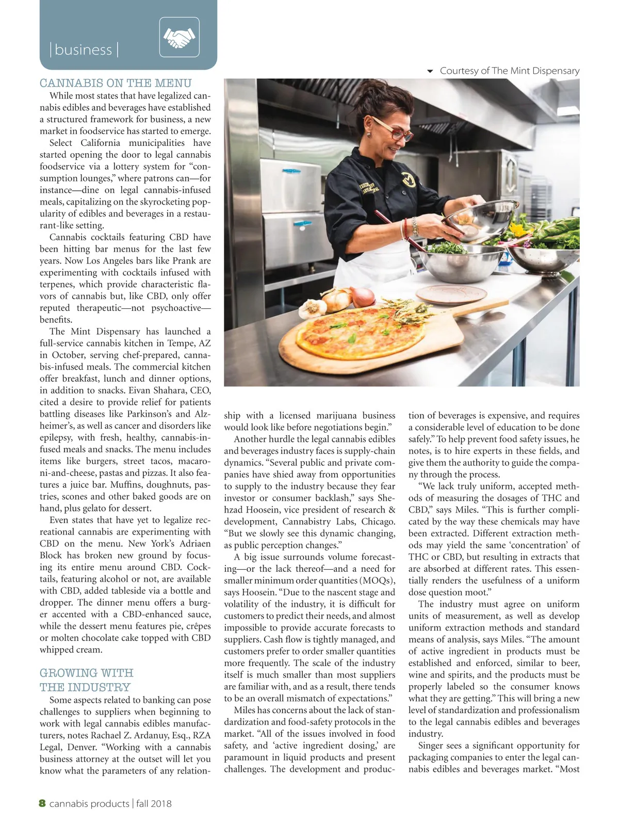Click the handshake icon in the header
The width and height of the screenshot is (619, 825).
[x=179, y=37]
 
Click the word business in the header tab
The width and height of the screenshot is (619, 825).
[x=84, y=50]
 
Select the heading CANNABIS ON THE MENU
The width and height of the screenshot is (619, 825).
[x=116, y=83]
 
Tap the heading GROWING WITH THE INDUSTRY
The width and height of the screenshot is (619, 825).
[x=86, y=680]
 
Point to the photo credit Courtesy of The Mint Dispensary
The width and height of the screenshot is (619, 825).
[x=509, y=71]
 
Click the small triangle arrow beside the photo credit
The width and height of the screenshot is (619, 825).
[x=430, y=71]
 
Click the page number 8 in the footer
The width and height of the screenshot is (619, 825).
[x=42, y=803]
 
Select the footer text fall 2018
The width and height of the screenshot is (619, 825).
[x=154, y=803]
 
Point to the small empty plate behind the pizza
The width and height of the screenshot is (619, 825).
[x=451, y=294]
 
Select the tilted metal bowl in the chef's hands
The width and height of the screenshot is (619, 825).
[x=479, y=219]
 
